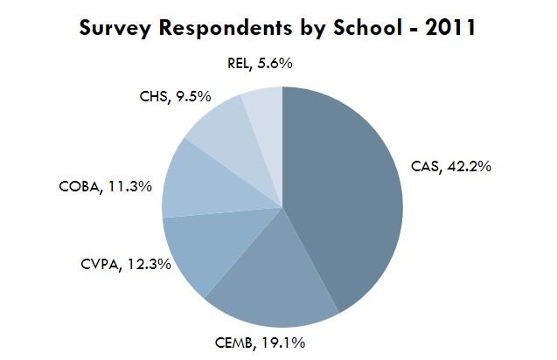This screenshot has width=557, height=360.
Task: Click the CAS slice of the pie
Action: click(x=345, y=192)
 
